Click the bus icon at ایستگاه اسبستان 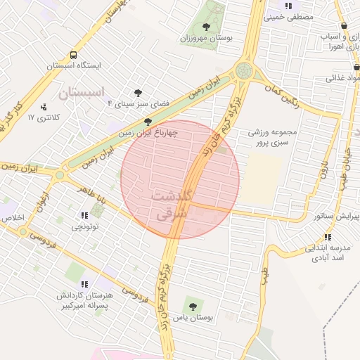(74, 54)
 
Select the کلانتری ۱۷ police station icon (44, 108)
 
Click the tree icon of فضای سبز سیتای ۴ (139, 92)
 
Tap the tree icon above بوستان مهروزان (205, 26)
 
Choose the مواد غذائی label (342, 79)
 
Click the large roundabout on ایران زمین (244, 70)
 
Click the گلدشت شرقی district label (170, 203)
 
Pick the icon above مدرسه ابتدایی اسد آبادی (328, 237)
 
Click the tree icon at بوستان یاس (192, 306)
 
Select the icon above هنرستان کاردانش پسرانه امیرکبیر (84, 285)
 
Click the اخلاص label (13, 218)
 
